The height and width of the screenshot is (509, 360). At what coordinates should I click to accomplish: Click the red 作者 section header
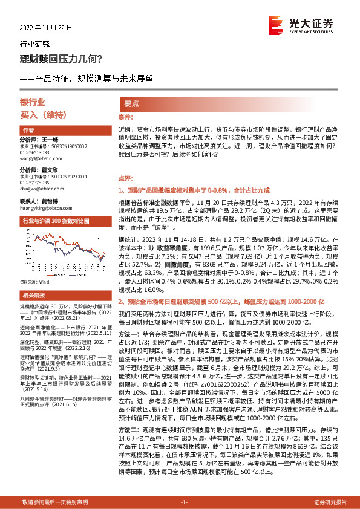28,130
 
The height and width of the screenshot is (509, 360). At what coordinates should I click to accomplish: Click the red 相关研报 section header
33,295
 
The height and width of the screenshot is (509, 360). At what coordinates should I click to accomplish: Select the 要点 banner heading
131,103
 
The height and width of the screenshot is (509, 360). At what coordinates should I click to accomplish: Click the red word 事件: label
125,116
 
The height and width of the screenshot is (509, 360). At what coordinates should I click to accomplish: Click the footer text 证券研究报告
330,502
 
